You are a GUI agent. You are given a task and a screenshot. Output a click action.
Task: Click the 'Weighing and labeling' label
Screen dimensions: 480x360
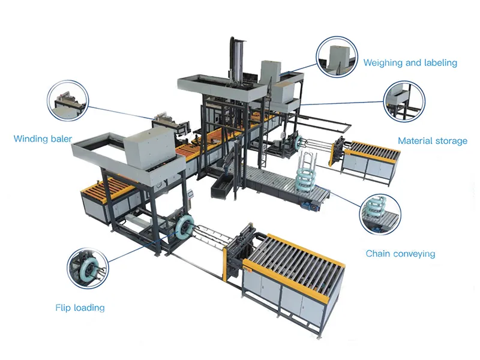(410, 63)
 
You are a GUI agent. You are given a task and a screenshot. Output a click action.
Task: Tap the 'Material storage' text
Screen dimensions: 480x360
(433, 141)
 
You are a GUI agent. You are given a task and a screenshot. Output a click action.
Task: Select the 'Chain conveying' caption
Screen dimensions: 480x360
(400, 254)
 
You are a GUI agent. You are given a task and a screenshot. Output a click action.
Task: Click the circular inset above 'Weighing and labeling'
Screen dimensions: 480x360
(337, 56)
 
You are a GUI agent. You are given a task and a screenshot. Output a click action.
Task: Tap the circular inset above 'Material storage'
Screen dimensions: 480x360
(404, 101)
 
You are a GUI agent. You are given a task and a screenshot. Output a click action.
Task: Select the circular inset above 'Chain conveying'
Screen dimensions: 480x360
(380, 214)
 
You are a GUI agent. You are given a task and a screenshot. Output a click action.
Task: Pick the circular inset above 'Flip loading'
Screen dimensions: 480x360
(88, 268)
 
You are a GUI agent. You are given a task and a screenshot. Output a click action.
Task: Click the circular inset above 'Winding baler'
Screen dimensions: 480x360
(68, 100)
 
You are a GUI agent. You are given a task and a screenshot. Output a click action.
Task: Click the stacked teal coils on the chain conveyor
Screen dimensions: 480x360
(307, 176)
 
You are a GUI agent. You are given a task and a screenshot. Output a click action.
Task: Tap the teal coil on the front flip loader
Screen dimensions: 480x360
(184, 227)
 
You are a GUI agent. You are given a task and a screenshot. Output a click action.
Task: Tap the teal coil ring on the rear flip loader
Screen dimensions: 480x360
(298, 142)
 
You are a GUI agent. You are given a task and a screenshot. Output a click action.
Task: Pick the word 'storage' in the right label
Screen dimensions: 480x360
(451, 141)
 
